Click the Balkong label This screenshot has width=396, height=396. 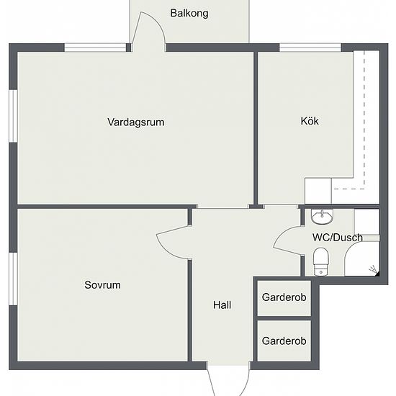[189, 13]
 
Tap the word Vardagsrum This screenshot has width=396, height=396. [135, 122]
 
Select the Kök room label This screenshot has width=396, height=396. [310, 121]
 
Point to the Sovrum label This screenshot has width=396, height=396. [102, 285]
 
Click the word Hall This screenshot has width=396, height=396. [222, 305]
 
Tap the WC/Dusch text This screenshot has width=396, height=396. [336, 237]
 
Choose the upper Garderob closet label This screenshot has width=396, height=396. [284, 297]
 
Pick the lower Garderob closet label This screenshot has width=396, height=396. [284, 341]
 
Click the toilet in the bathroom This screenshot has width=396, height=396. [321, 260]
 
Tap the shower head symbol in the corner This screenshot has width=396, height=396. [372, 270]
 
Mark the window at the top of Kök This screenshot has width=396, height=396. [300, 48]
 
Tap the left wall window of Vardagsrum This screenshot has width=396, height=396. [13, 115]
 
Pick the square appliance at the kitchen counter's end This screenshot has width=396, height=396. [318, 192]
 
